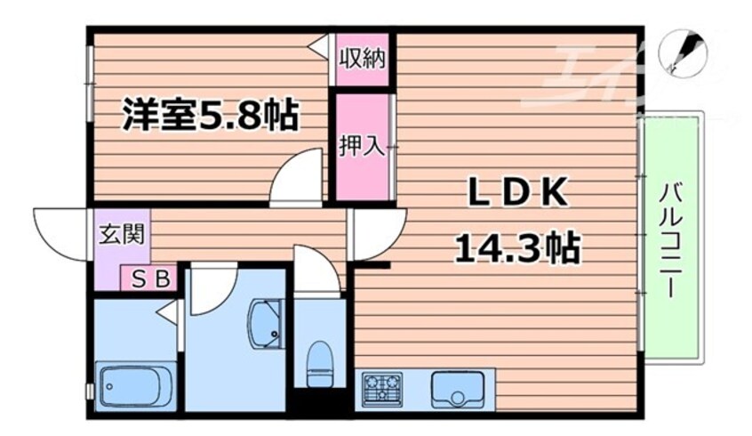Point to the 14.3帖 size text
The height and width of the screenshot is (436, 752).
pyautogui.click(x=516, y=246)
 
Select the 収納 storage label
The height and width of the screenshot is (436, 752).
pyautogui.click(x=361, y=60)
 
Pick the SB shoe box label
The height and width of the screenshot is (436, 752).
pyautogui.click(x=150, y=278)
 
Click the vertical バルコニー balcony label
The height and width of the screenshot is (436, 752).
pyautogui.click(x=671, y=238)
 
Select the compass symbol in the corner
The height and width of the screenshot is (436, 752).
pyautogui.click(x=681, y=52)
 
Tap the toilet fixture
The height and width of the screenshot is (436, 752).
pyautogui.click(x=317, y=366)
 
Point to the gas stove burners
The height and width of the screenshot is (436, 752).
pyautogui.click(x=383, y=389)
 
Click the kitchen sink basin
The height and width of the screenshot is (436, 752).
pyautogui.click(x=453, y=388)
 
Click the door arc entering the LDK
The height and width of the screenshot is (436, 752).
pyautogui.click(x=379, y=233)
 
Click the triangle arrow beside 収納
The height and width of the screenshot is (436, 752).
pyautogui.click(x=318, y=47)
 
